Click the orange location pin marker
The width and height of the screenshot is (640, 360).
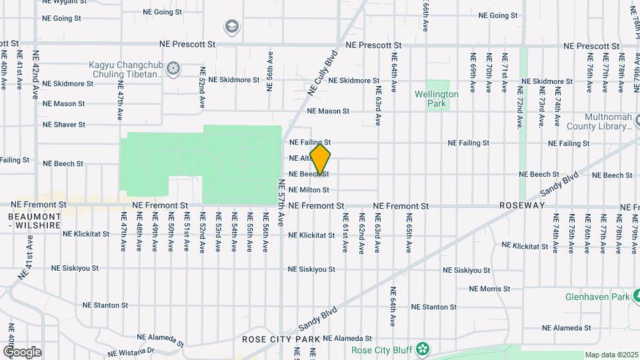(321, 159)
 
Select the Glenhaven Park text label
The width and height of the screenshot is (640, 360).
(597, 296)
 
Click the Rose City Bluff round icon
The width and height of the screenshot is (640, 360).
(422, 349)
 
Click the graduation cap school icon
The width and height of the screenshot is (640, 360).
(231, 27)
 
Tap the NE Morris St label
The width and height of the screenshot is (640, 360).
(489, 289)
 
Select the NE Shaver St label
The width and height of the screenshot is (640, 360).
(64, 125)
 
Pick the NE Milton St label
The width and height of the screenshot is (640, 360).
(309, 190)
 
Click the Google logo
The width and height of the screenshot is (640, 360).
(22, 352)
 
